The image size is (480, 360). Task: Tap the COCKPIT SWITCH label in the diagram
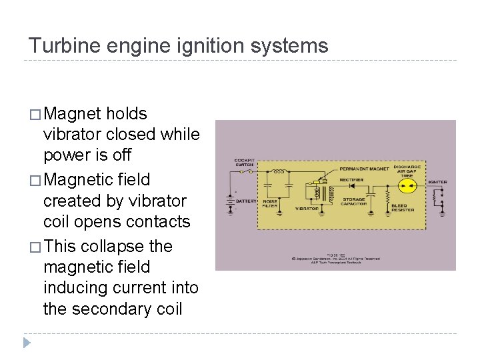pos(243,163)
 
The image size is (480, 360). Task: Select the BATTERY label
pos(245,200)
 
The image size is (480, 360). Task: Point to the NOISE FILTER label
pos(271,203)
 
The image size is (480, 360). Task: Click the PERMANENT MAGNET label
pos(365,168)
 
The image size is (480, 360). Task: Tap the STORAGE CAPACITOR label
pos(354,201)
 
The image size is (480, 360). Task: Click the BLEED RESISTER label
pos(402,207)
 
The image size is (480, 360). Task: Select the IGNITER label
pos(437,182)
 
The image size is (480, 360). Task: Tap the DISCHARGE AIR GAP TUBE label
pos(407,170)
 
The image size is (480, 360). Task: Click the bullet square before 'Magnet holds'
pos(34,114)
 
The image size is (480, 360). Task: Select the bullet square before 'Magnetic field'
pos(34,180)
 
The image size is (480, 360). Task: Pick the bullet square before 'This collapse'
pos(34,247)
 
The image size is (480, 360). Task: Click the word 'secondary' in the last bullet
pos(114,309)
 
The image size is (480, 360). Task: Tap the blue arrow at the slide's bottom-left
pos(27,343)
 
